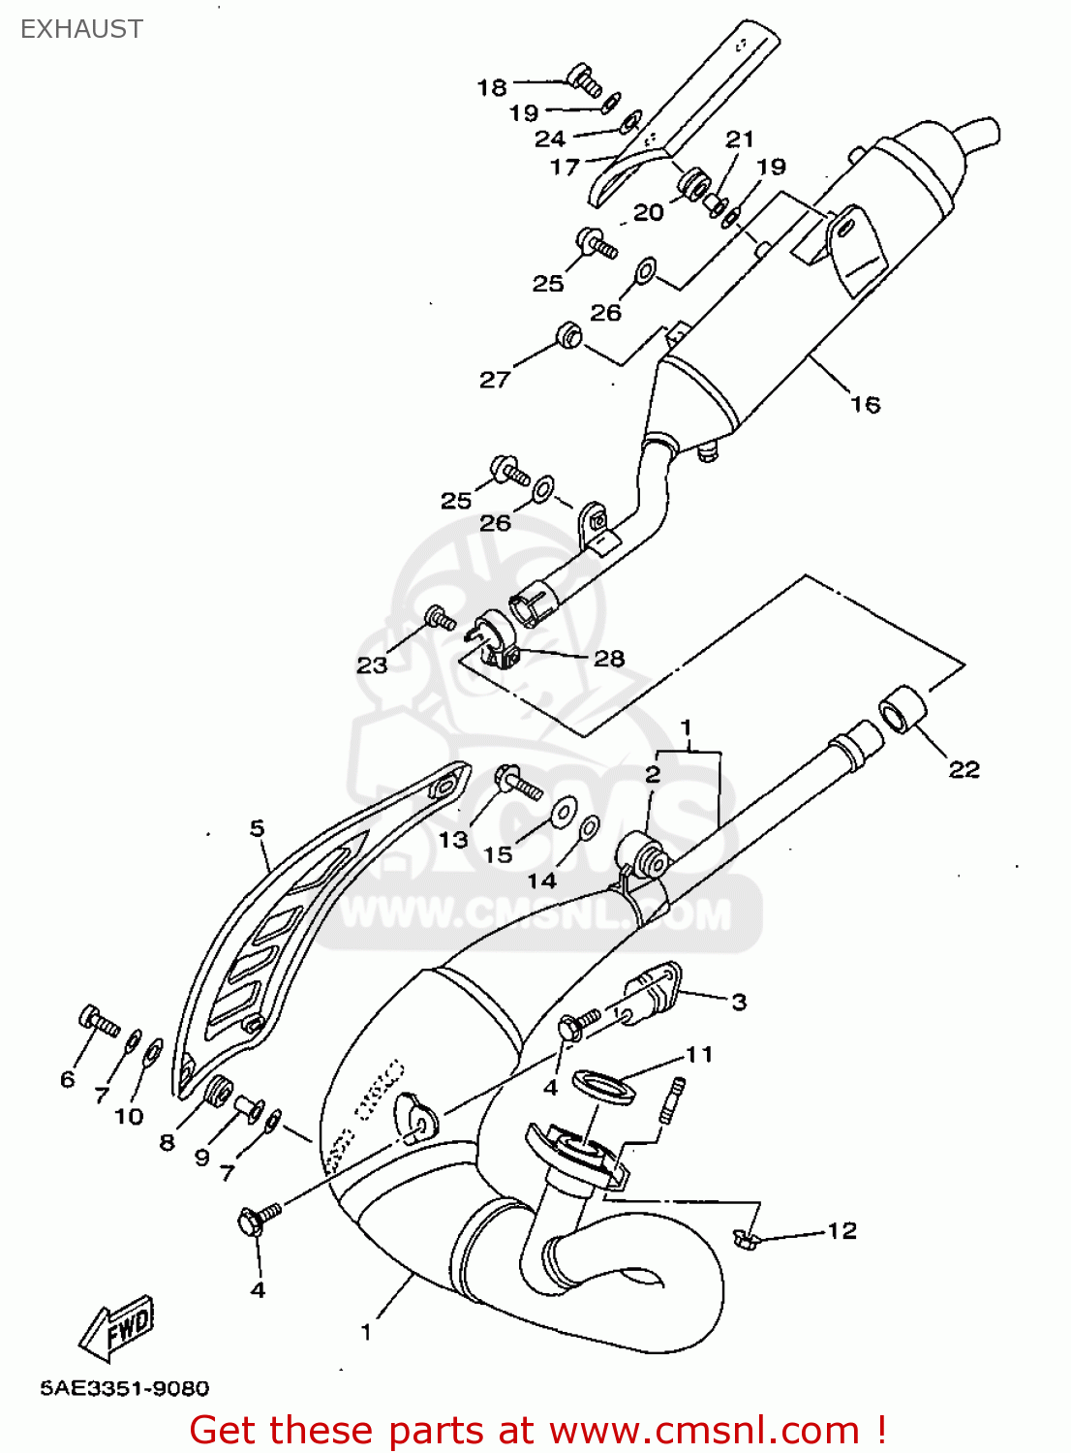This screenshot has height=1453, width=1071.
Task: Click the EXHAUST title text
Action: [81, 29]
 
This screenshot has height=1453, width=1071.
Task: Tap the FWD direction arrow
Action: [117, 1326]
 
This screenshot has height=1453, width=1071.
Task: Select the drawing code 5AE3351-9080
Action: [124, 1389]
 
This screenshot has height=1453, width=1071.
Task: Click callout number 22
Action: [964, 769]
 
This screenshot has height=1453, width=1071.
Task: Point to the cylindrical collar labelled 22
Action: [903, 710]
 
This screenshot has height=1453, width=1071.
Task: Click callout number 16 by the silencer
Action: [865, 404]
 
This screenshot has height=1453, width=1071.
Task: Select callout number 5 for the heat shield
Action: [257, 828]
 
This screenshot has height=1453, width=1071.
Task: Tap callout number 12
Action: [841, 1230]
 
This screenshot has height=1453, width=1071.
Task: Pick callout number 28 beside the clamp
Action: [608, 659]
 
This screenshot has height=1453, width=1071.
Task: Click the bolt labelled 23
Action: [441, 617]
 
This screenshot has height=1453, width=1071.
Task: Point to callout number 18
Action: [492, 87]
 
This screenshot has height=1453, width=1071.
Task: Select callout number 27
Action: [494, 380]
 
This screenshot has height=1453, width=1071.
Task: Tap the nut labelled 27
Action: [569, 336]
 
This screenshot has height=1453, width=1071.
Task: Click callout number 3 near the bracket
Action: [739, 1002]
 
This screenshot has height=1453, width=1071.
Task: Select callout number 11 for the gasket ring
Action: [699, 1054]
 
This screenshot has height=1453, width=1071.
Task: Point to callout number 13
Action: [453, 839]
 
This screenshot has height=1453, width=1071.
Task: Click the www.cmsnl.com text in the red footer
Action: [704, 1431]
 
